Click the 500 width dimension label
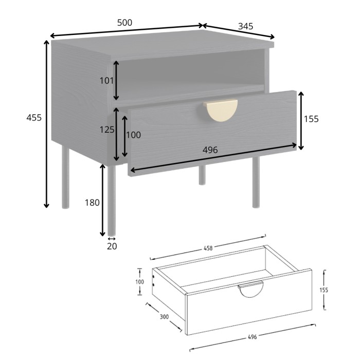pyautogui.click(x=124, y=23)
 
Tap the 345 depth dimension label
pyautogui.click(x=246, y=26)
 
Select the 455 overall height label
pyautogui.click(x=34, y=118)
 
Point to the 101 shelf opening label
pyautogui.click(x=106, y=80)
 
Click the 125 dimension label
pyautogui.click(x=107, y=130)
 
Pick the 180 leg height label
pyautogui.click(x=92, y=203)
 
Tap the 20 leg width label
pyautogui.click(x=112, y=246)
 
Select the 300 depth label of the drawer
pyautogui.click(x=164, y=317)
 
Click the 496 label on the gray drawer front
pyautogui.click(x=210, y=150)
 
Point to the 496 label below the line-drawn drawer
pyautogui.click(x=252, y=337)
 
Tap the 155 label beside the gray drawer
pyautogui.click(x=311, y=119)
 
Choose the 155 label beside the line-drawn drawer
pyautogui.click(x=323, y=290)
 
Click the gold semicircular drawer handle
pyautogui.click(x=221, y=110)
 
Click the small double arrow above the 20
pyautogui.click(x=111, y=239)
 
